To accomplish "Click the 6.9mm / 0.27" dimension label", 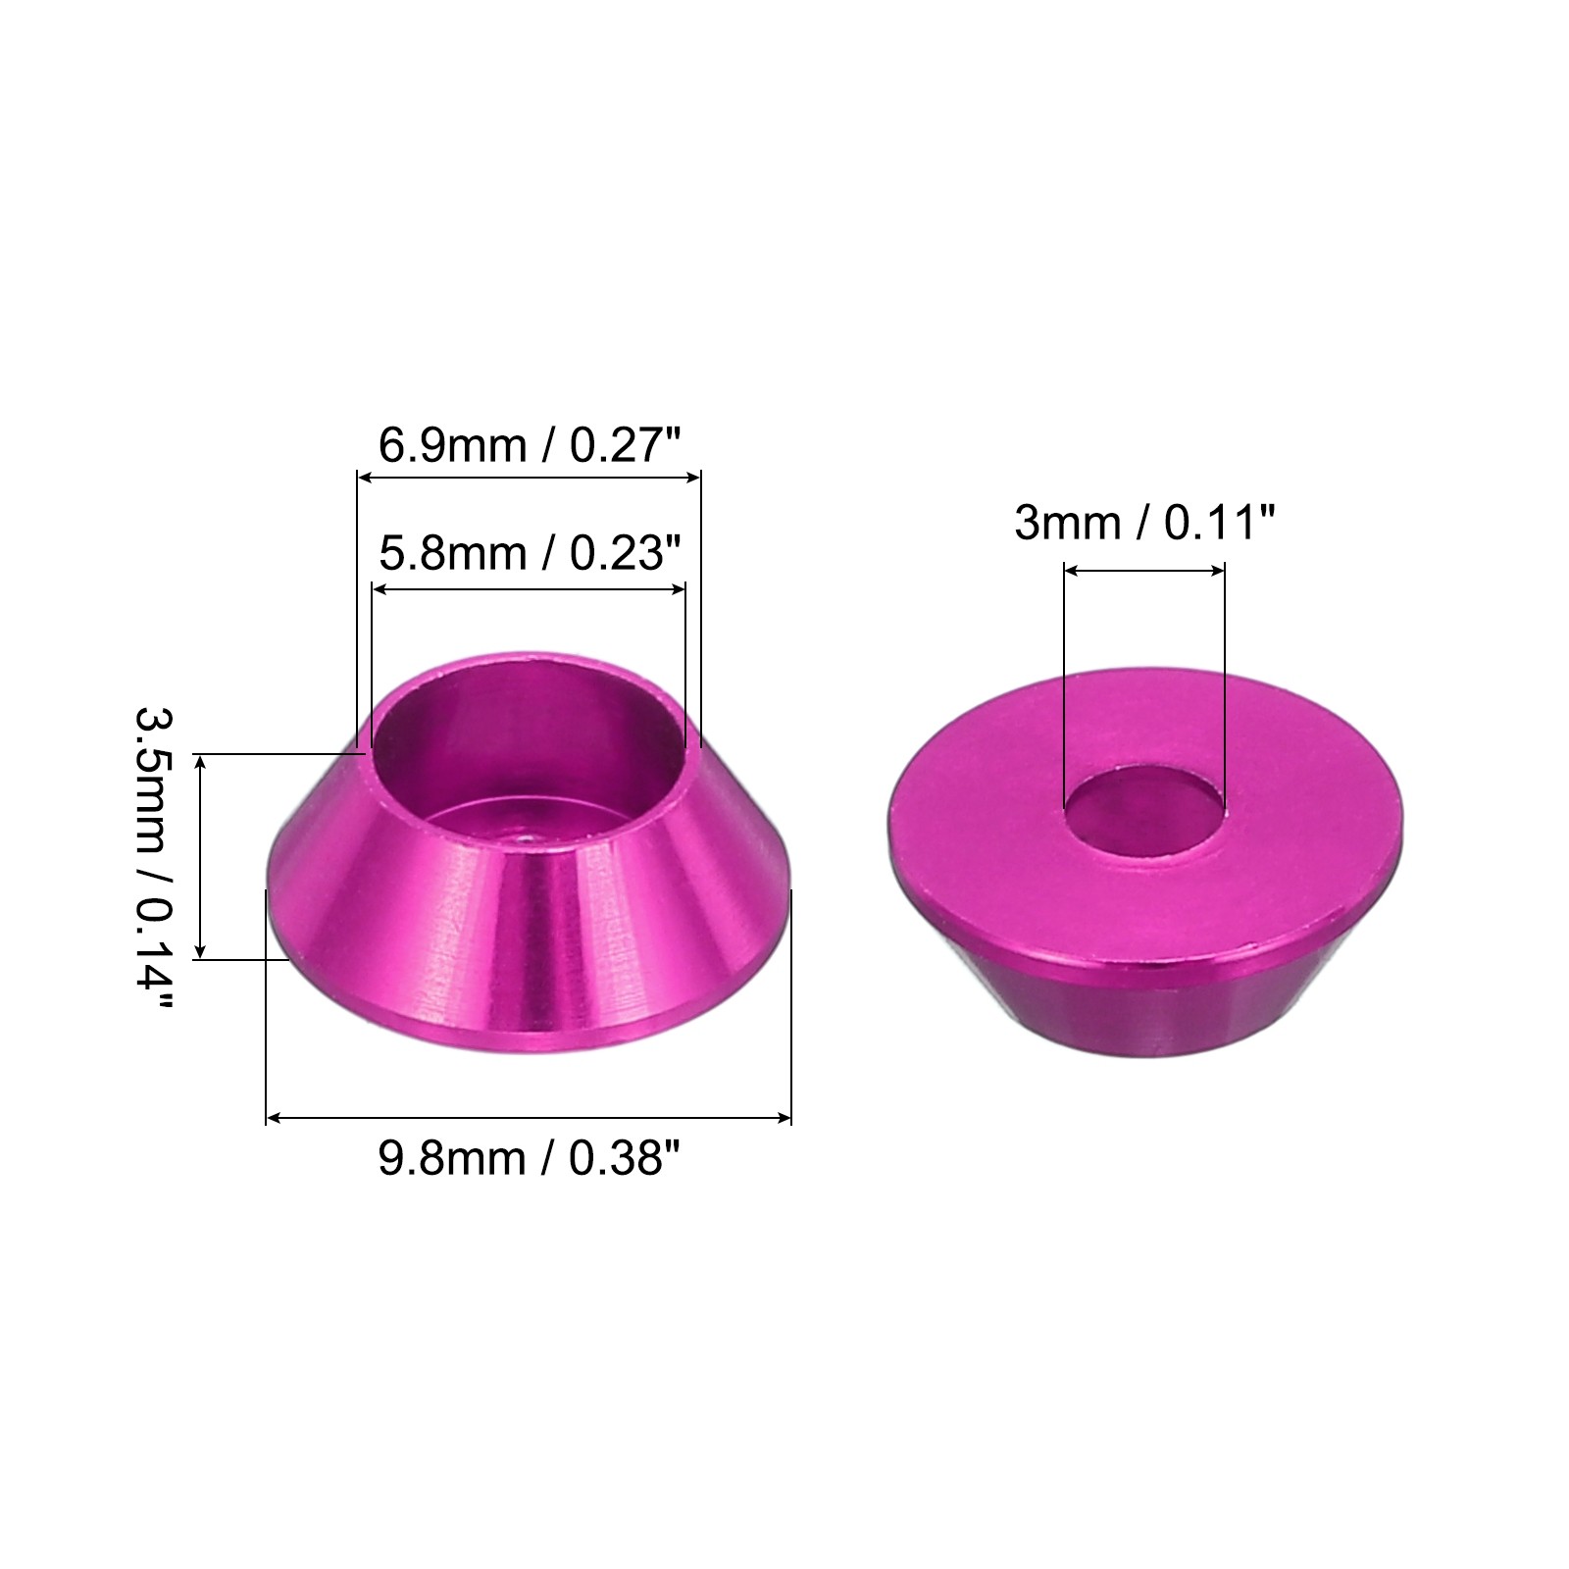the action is [x=530, y=446].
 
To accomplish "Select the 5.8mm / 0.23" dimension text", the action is [x=530, y=554].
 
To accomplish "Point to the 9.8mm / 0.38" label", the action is [x=530, y=1159].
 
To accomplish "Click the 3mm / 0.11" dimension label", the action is [x=1144, y=523].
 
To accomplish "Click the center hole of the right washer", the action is [x=1144, y=812].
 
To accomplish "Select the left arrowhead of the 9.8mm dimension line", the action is [x=274, y=1117].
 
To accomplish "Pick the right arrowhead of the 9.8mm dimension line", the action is [x=784, y=1117].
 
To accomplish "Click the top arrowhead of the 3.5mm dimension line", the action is [x=200, y=762].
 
